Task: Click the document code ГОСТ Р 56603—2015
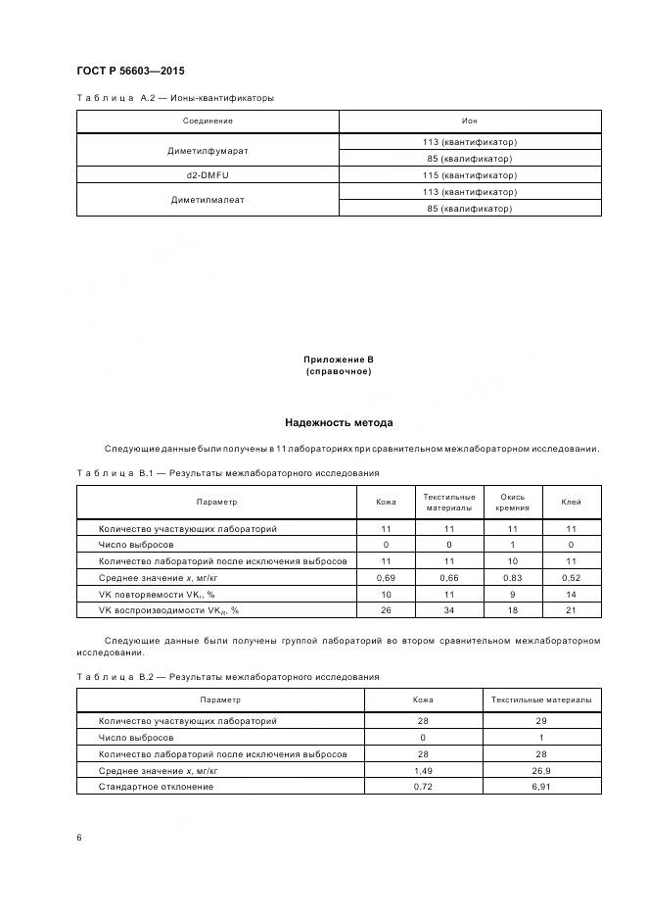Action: (130, 72)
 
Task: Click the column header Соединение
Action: (208, 121)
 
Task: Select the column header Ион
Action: (470, 121)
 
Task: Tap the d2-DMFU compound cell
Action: (208, 174)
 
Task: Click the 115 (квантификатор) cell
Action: (470, 174)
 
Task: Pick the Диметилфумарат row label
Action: (208, 151)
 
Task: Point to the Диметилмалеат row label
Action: (208, 200)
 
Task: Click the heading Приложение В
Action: (339, 360)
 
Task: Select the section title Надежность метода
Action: (339, 423)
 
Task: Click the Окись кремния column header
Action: (512, 502)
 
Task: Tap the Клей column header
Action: (571, 502)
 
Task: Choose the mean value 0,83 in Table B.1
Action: (512, 578)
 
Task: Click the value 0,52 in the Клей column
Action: (571, 578)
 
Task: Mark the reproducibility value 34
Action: (449, 610)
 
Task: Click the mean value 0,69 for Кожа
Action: (386, 578)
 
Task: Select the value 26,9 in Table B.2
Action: (541, 770)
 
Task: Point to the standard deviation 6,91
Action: (541, 787)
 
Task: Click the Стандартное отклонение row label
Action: (156, 787)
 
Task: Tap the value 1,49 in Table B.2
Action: (423, 770)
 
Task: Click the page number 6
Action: (79, 838)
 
